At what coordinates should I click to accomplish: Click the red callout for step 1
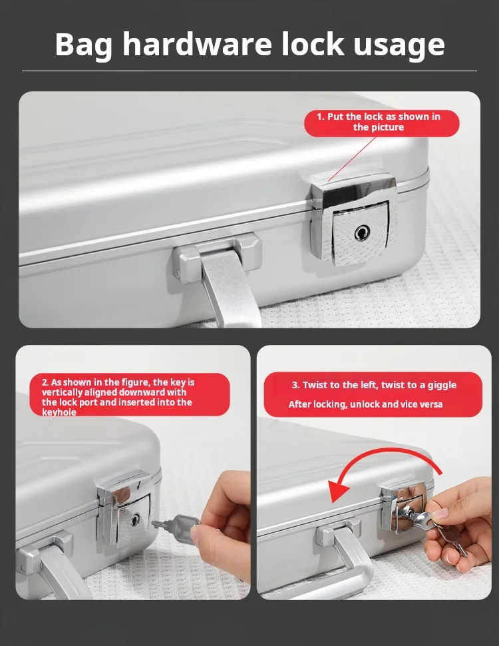point(381,123)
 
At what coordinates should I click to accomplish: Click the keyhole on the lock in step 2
point(134,519)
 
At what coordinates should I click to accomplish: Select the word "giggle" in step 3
point(442,385)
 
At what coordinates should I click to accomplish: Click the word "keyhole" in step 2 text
point(59,412)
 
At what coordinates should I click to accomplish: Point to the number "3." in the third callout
point(295,385)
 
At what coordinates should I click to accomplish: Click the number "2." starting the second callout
point(45,382)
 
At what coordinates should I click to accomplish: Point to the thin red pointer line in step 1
point(352,159)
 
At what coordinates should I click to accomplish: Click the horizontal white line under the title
point(249,71)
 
